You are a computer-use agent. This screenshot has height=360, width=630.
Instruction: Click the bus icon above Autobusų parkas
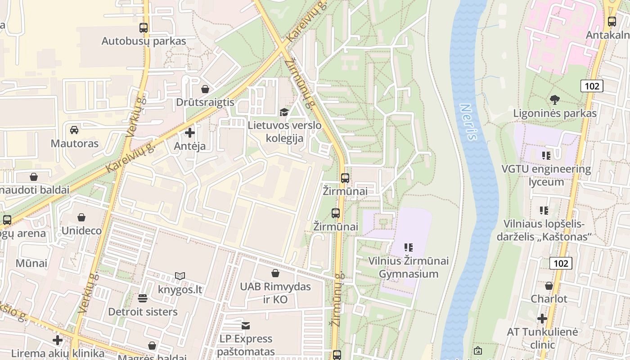coord(144,27)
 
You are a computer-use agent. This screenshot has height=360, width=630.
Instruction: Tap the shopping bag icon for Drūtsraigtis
coord(205,89)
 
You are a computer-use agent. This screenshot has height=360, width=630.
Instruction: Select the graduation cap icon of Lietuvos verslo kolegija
coord(284,112)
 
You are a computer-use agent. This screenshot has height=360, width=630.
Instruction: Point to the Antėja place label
coord(190,146)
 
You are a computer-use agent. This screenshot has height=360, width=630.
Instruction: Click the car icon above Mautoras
coord(74,130)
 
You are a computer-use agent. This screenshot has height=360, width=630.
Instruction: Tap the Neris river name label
coord(468,122)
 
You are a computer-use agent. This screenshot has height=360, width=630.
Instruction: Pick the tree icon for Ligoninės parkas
coord(555,100)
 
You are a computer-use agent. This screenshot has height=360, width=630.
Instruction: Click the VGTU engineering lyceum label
coord(546,175)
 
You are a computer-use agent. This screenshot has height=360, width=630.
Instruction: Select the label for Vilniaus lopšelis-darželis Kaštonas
coord(544,230)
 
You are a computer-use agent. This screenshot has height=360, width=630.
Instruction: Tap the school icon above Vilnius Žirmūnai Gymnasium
coord(409,247)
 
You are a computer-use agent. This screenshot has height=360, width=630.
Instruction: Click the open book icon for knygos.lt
coord(180,276)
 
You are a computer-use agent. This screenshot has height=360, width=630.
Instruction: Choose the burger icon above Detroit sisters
coord(143,298)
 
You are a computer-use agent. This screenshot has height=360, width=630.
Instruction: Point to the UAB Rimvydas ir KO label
coord(275,292)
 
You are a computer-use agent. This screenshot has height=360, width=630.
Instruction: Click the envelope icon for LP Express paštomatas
coord(246,325)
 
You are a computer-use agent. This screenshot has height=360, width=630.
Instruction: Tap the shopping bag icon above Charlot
coord(549,286)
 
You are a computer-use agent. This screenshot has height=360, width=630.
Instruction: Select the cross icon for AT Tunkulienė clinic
coord(542,319)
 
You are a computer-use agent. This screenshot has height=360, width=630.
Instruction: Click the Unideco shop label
coord(81,231)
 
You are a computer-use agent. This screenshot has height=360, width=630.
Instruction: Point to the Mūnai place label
coord(31,263)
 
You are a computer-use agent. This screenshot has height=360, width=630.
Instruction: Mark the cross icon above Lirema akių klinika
coord(57,340)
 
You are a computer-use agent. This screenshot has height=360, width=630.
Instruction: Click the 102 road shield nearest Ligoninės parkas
coord(592,85)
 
